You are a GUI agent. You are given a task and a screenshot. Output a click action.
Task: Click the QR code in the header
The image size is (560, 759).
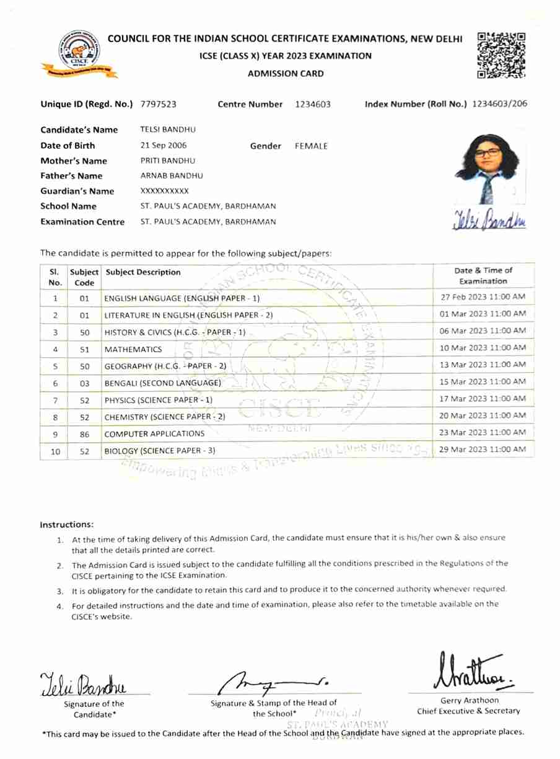pos(501,55)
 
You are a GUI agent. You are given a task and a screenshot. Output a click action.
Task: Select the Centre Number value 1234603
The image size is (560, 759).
pos(313,104)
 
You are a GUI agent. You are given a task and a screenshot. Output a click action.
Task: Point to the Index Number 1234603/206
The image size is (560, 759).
pos(499,104)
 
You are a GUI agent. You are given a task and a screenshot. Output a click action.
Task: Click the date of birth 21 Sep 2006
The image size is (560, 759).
pos(164,146)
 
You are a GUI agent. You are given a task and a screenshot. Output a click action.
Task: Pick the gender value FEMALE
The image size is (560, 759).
pos(311,146)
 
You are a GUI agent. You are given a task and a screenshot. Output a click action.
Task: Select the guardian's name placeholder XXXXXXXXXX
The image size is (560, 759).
pos(165,191)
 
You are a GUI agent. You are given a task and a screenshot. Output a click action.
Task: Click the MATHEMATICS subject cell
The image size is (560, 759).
pos(133,349)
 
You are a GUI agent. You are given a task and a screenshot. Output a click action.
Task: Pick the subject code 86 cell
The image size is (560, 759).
pos(85,434)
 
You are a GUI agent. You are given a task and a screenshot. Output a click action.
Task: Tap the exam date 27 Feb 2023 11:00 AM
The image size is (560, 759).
pos(483,297)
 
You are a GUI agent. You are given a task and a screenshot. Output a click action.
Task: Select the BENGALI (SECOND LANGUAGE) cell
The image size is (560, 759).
pos(162,383)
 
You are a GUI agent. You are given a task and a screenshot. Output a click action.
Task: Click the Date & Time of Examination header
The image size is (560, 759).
pos(483,276)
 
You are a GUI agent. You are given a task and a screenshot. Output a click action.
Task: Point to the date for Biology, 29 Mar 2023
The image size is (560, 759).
pos(483,449)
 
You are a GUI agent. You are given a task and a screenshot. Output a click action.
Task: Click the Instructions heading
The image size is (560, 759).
pos(67,525)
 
